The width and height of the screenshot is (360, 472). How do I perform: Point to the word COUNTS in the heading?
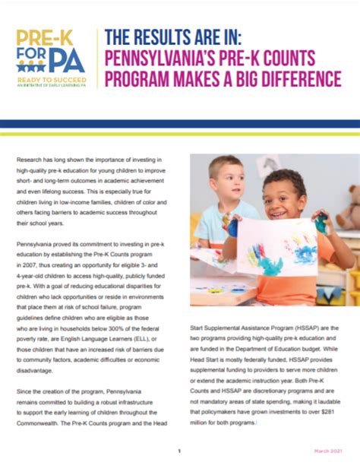[315, 58]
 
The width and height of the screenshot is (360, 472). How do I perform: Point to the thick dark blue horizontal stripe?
[180, 124]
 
